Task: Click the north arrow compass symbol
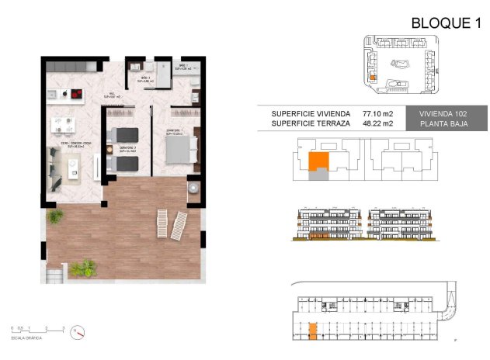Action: point(76,331)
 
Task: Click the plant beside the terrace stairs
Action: point(83,268)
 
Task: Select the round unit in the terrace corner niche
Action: point(191,189)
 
